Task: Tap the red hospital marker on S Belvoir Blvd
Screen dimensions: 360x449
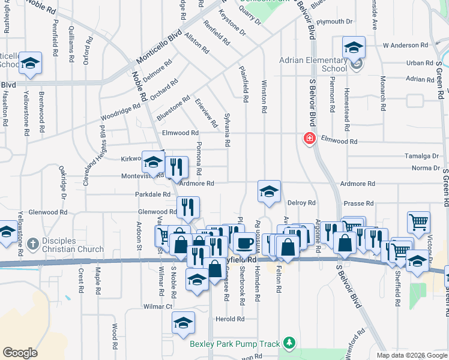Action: coord(309,139)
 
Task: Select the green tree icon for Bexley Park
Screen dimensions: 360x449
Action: coord(290,343)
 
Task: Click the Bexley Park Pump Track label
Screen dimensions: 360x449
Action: coord(235,344)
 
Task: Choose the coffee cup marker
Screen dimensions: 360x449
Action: coord(244,244)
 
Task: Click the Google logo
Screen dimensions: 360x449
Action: coord(20,352)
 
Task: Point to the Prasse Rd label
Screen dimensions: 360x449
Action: coord(360,203)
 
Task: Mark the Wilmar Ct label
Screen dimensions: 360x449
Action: coord(159,306)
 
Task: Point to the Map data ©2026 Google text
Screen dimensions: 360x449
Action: coord(411,355)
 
